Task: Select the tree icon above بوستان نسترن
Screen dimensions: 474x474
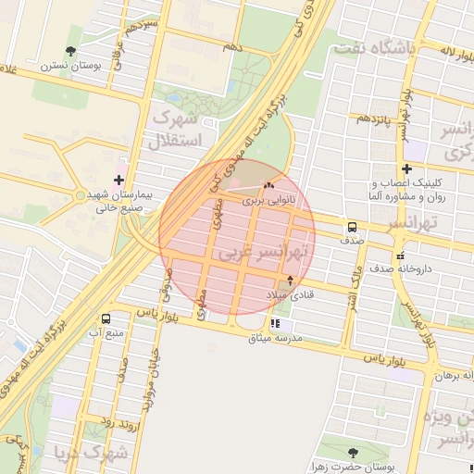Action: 71,52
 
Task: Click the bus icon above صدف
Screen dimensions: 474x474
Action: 352,227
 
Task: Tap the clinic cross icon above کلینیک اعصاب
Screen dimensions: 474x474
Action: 406,168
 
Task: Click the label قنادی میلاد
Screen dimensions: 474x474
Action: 292,294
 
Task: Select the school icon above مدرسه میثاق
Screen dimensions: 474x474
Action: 275,323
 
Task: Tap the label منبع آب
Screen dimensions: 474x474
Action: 106,331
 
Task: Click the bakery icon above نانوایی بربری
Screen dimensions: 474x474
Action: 269,186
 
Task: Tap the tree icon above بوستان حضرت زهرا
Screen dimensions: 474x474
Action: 353,453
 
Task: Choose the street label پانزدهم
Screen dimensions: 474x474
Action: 377,118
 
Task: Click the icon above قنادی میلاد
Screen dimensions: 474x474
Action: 291,280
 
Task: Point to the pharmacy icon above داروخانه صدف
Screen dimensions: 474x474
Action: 400,255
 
